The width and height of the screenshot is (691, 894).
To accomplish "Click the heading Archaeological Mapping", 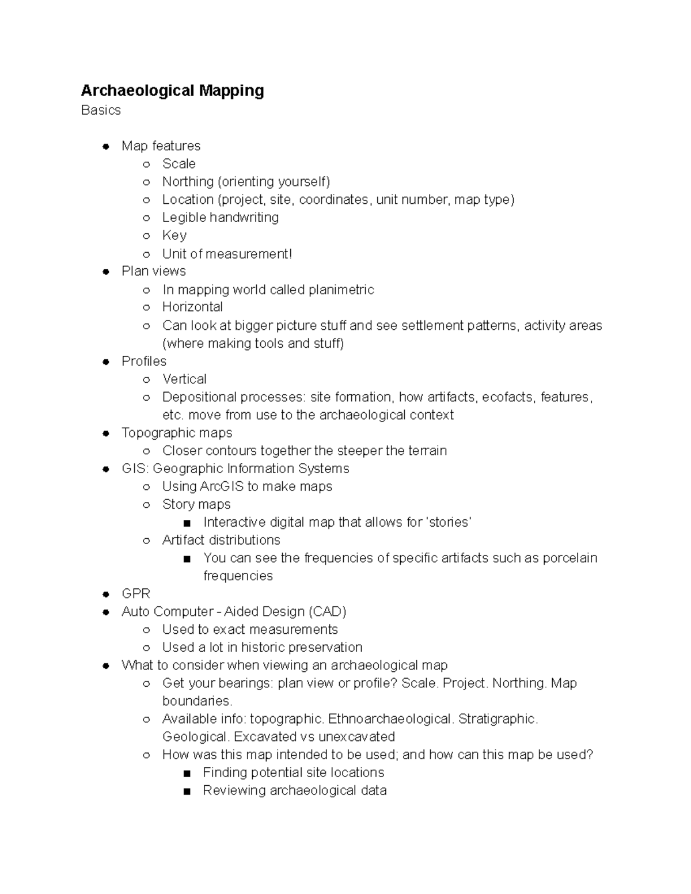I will [x=172, y=90].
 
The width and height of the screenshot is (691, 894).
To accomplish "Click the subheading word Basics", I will [x=101, y=110].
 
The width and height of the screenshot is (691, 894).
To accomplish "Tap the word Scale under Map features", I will [x=179, y=163].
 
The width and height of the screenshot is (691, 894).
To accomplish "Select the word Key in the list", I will [x=174, y=235].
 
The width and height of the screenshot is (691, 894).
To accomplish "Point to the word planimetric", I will [x=341, y=290].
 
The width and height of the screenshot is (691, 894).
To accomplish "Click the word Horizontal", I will [x=192, y=307].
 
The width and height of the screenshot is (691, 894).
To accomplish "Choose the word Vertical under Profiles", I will [x=184, y=379].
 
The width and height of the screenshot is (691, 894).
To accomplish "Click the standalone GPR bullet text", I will [x=136, y=594].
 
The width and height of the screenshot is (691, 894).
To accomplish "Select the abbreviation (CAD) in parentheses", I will [x=327, y=611].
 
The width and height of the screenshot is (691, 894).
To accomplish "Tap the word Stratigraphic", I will [x=498, y=719].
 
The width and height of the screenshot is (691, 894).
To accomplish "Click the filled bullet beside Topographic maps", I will [x=106, y=433].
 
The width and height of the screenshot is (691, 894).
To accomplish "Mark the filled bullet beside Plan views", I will [x=106, y=271].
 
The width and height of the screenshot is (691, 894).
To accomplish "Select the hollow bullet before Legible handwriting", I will [x=147, y=218].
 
